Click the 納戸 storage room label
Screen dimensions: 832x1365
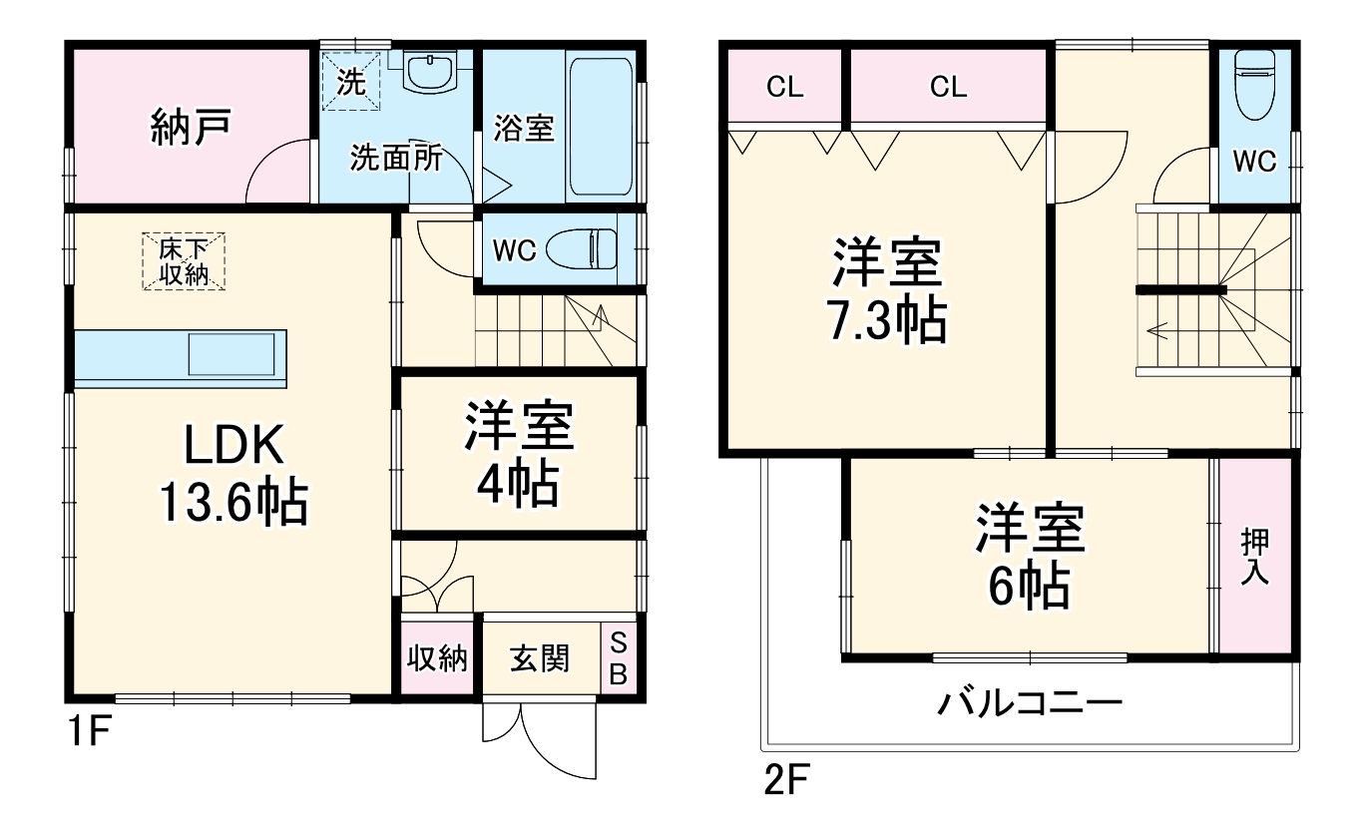tap(193, 128)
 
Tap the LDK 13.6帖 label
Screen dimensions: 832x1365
tap(233, 475)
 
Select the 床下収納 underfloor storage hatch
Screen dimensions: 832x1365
tap(183, 261)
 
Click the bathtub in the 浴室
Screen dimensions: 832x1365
tap(599, 127)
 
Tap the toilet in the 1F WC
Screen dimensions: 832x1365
tap(595, 250)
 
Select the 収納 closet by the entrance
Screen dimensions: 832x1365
tap(440, 658)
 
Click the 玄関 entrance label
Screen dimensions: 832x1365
tap(540, 658)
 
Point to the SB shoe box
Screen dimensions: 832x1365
tap(618, 658)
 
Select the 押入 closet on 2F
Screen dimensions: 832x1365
tap(1254, 557)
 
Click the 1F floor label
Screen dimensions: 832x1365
tap(88, 735)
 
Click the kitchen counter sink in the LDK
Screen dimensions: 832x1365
tap(231, 355)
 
